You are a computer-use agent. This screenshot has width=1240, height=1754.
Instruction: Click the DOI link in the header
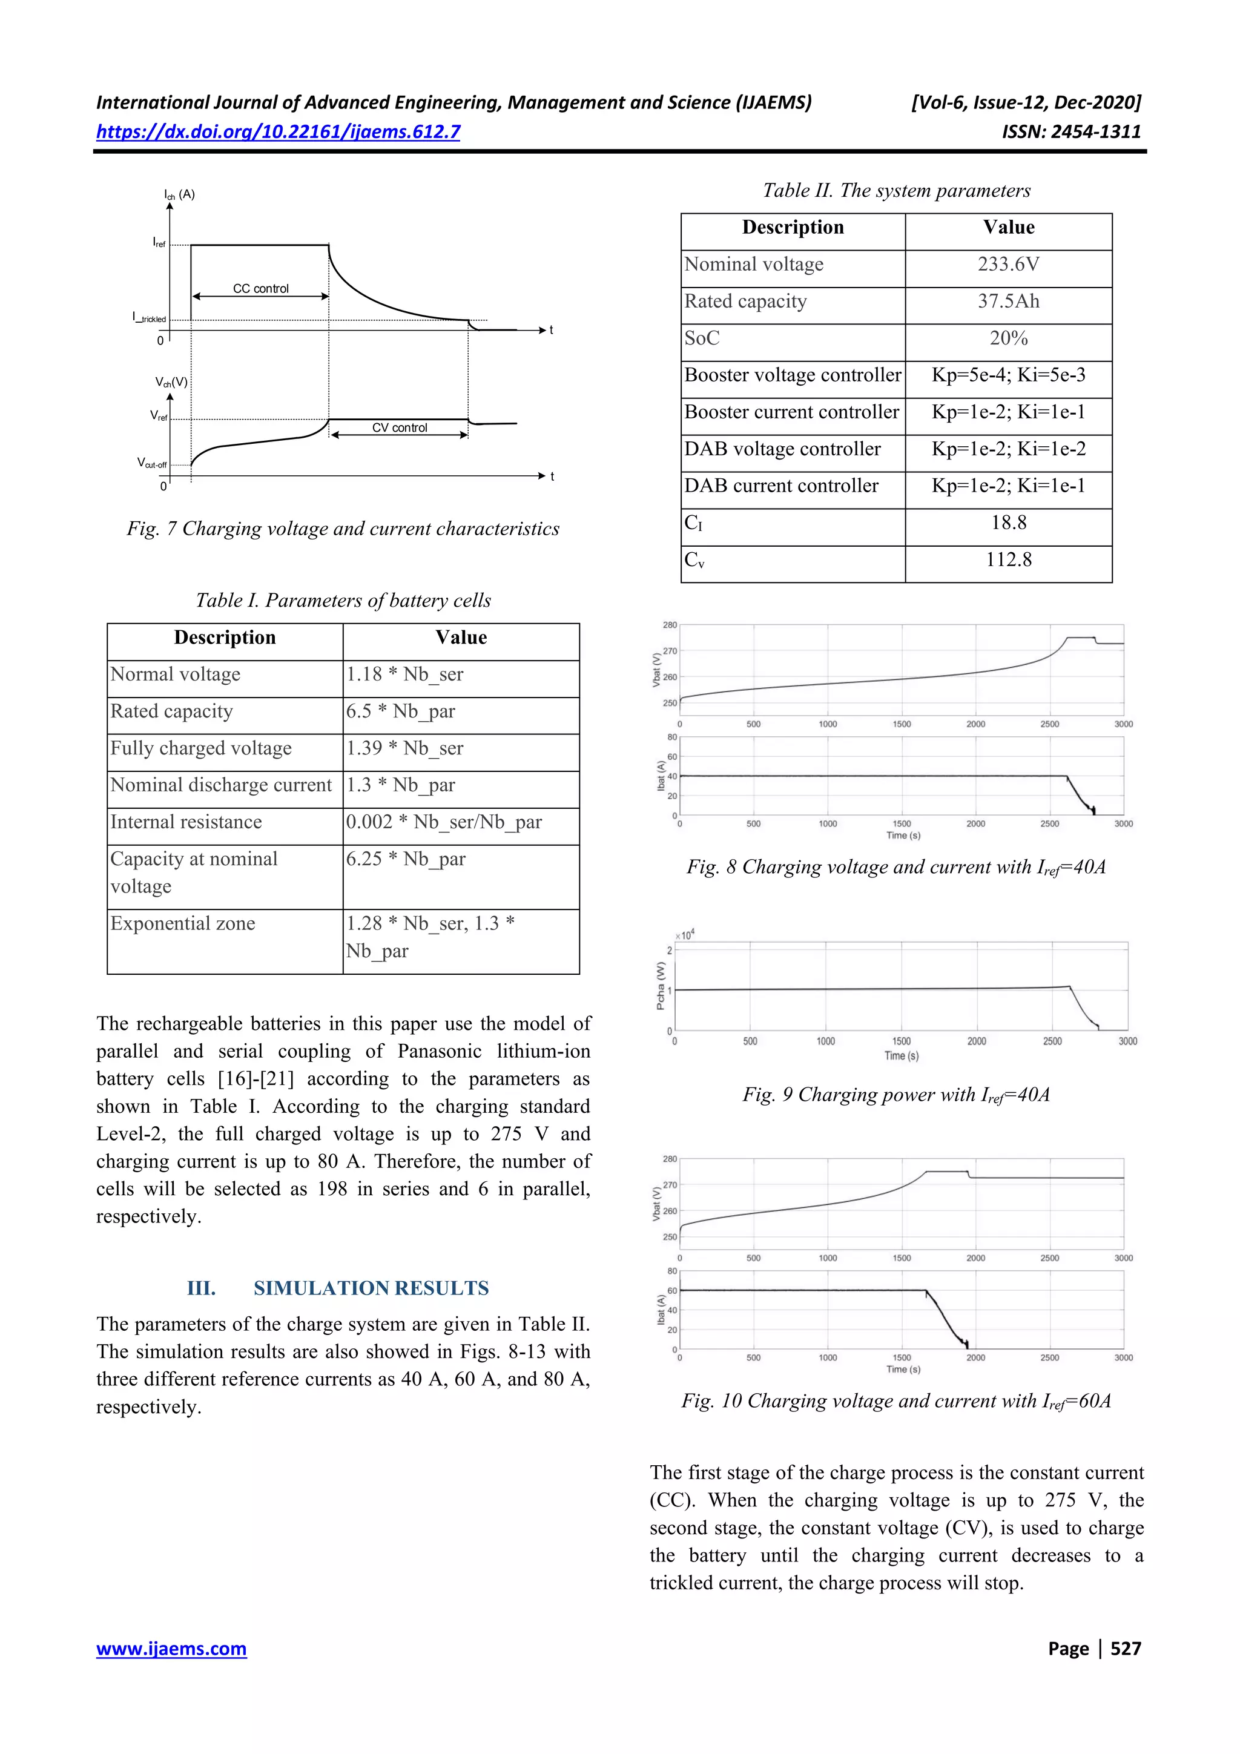[x=278, y=132]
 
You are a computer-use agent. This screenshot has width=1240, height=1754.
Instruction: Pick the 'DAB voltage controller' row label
[x=782, y=449]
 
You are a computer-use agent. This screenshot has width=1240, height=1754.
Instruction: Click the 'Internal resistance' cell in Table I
[x=186, y=822]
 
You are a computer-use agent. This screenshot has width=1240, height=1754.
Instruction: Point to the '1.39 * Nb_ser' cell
[x=404, y=749]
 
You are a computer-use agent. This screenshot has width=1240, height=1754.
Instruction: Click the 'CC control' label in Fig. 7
[x=260, y=289]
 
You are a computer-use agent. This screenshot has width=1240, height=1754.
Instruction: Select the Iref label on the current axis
[x=159, y=243]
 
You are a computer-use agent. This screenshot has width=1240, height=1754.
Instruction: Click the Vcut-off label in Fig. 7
[x=151, y=463]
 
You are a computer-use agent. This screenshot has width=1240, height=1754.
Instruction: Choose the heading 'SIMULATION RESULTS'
[x=371, y=1288]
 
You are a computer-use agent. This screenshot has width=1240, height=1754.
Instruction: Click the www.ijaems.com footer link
[x=171, y=1648]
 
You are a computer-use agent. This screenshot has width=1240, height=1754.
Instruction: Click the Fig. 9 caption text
[x=895, y=1095]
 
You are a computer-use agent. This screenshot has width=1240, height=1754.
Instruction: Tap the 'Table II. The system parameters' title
[x=896, y=191]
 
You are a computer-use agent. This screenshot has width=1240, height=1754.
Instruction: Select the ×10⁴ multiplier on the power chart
[x=685, y=935]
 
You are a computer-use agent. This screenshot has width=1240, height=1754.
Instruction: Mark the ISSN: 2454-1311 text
[x=1070, y=132]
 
